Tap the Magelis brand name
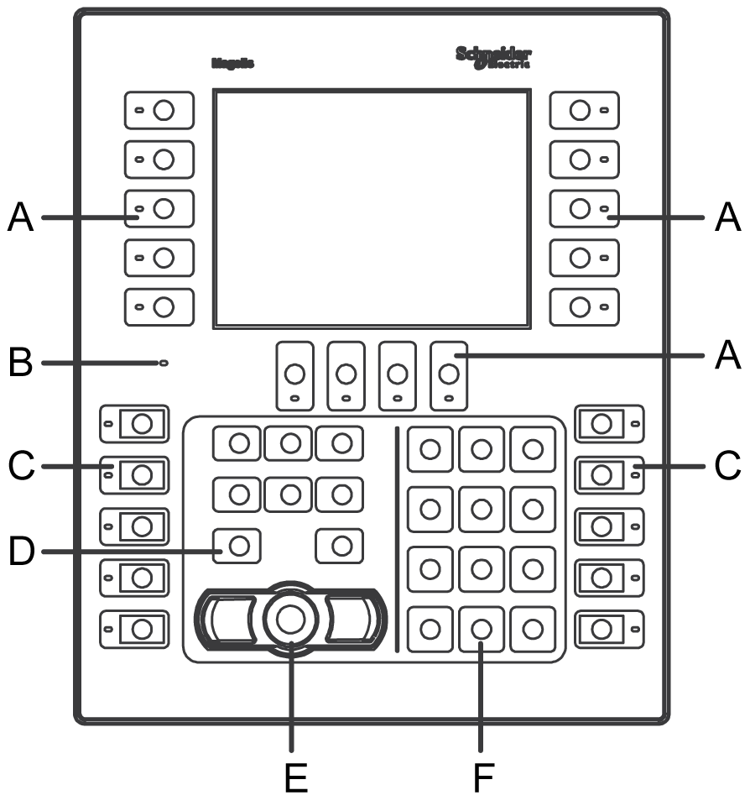tap(232, 63)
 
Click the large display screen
tap(371, 208)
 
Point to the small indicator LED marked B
tap(163, 363)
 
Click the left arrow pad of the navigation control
tap(227, 620)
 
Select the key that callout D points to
tap(238, 546)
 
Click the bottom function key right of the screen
tap(585, 306)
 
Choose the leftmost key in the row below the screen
tap(294, 374)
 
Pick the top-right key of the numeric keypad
tap(533, 450)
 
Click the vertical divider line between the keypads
tap(396, 537)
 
